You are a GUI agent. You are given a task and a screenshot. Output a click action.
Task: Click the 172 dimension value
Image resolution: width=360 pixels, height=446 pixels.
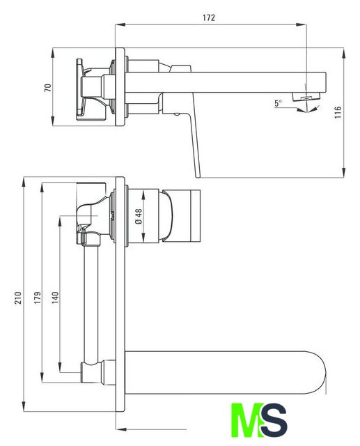[209, 17]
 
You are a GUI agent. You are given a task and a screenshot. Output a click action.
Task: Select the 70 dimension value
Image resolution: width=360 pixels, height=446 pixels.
[48, 87]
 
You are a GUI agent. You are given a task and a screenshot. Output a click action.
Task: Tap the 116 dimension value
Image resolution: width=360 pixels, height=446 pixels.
[337, 112]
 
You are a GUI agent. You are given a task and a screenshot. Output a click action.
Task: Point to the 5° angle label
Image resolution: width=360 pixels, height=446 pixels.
[278, 103]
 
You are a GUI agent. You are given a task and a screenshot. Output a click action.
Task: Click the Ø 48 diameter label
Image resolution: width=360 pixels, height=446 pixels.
[139, 217]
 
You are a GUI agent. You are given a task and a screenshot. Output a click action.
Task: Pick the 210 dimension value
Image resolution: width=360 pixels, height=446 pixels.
[18, 298]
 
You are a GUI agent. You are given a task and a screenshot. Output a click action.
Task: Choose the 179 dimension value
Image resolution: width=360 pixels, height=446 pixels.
[37, 298]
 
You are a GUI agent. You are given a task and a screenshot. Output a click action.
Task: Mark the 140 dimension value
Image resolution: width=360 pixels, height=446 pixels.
[55, 298]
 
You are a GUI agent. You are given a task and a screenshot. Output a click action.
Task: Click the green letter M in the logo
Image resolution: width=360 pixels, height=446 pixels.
[246, 420]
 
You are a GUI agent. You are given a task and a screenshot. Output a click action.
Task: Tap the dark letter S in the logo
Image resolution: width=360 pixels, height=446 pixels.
[274, 420]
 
